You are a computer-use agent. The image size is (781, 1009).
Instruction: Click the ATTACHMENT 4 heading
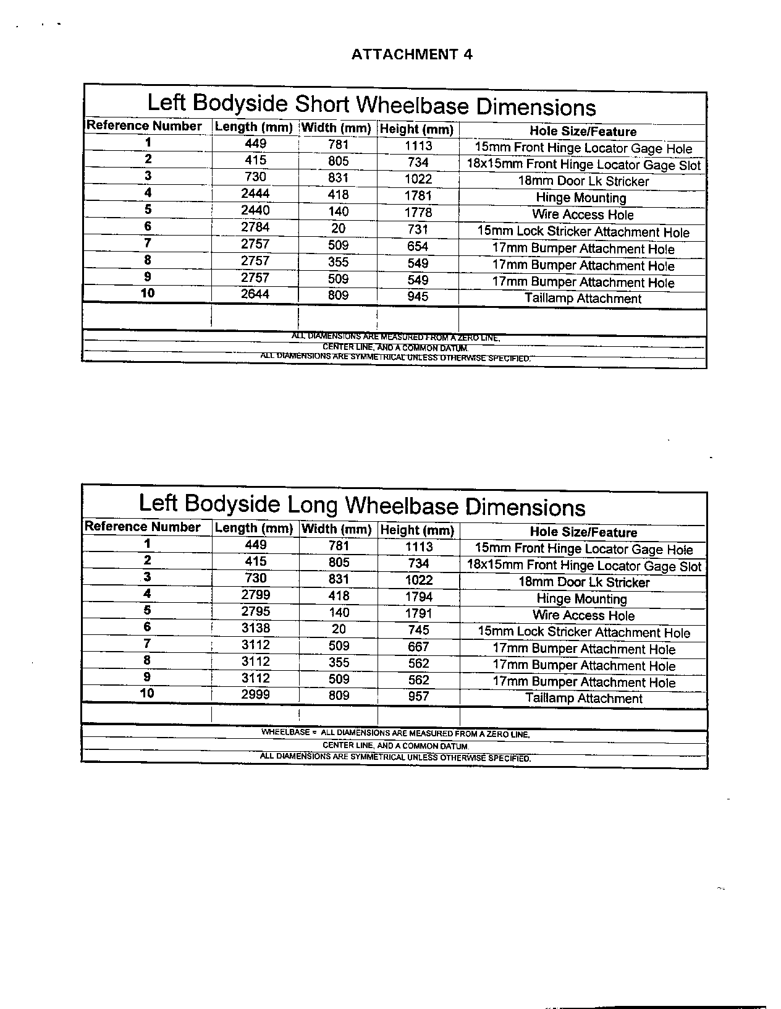(x=412, y=54)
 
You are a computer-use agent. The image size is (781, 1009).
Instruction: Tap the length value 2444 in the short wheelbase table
(x=255, y=194)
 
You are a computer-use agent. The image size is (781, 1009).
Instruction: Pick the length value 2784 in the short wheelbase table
(x=255, y=228)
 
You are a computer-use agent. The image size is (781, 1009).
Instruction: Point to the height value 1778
(x=418, y=213)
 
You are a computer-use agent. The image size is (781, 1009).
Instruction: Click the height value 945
(x=418, y=297)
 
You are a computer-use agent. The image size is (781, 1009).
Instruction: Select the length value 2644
(x=255, y=294)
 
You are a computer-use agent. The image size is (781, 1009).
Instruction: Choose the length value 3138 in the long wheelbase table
(x=255, y=629)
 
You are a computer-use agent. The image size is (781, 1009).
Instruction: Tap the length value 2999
(x=255, y=695)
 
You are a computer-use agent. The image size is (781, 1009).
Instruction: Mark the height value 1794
(x=418, y=597)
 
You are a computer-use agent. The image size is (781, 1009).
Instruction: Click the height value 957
(x=418, y=697)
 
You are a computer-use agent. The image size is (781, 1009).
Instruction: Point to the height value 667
(x=418, y=647)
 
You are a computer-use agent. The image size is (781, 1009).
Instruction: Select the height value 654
(x=418, y=246)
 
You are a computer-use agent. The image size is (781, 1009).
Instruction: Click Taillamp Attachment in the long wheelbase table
(x=584, y=699)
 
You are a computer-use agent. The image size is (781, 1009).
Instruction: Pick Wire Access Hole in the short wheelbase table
(x=583, y=215)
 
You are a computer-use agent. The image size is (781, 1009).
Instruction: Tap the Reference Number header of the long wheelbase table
(x=143, y=527)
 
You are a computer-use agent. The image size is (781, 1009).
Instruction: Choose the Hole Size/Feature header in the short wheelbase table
(x=583, y=132)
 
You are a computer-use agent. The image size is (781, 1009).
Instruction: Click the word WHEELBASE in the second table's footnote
(x=285, y=733)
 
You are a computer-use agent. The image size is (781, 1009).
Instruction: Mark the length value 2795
(x=255, y=612)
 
